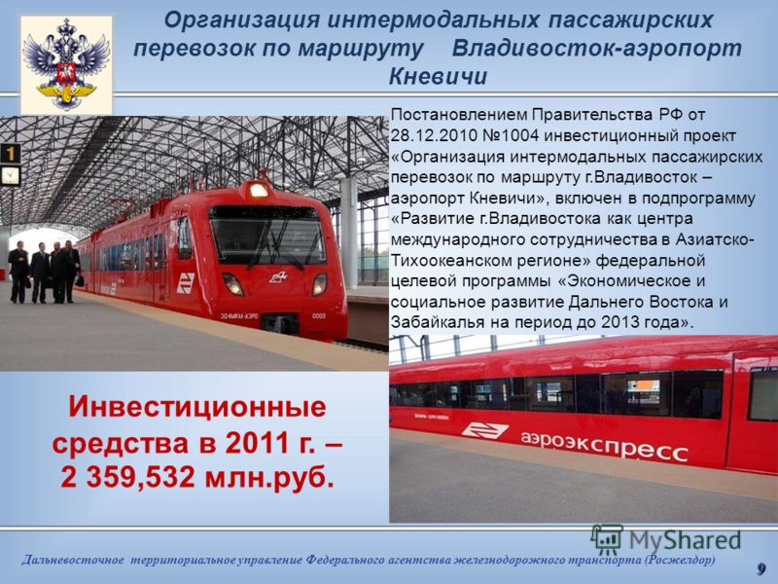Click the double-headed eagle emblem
pyautogui.click(x=66, y=63)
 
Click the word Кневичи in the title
pyautogui.click(x=438, y=77)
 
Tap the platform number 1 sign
pyautogui.click(x=11, y=154)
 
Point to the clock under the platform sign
pyautogui.click(x=10, y=175)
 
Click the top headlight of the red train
pyautogui.click(x=259, y=190)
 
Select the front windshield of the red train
pyautogui.click(x=267, y=236)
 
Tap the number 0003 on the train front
pyautogui.click(x=319, y=315)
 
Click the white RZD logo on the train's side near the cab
pyautogui.click(x=186, y=282)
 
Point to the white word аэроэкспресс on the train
pyautogui.click(x=604, y=445)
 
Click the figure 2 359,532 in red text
pyautogui.click(x=128, y=477)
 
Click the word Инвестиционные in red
pyautogui.click(x=197, y=407)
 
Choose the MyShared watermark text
pyautogui.click(x=686, y=540)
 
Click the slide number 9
pyautogui.click(x=761, y=568)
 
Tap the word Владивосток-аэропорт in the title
pyautogui.click(x=597, y=49)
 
